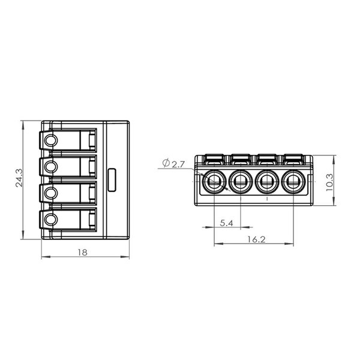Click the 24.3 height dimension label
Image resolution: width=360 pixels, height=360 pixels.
pos(19,178)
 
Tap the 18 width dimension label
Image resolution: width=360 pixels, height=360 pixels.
pos(83,253)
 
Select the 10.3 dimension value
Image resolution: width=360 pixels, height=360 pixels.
pos(329,182)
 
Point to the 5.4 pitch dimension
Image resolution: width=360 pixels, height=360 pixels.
pos(227,223)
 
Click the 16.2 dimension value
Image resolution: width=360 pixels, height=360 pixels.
pos(256,239)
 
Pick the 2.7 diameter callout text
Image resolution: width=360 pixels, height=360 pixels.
pos(178,164)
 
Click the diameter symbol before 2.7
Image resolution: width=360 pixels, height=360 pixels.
pos(166,163)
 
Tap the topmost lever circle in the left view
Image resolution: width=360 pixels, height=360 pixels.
pos(51,140)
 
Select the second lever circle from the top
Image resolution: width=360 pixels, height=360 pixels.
pos(51,166)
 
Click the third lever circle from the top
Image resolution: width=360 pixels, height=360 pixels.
pos(51,193)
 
